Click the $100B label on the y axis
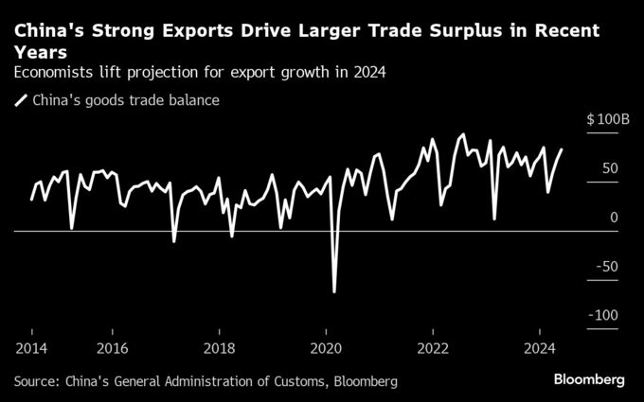607,120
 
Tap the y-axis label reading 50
610,169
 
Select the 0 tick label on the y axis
615,218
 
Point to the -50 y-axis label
606,267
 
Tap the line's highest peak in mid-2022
462,134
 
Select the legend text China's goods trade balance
126,99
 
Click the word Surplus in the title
433,31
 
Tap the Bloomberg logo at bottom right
589,380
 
